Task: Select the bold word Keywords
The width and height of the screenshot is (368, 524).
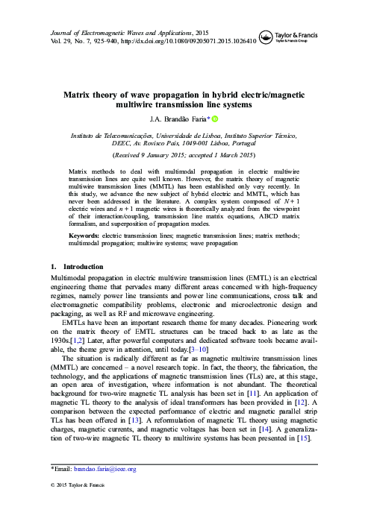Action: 76,236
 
